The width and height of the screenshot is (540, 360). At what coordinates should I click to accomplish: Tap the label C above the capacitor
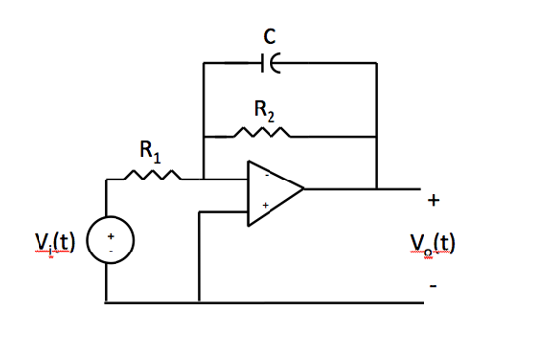[x=268, y=36]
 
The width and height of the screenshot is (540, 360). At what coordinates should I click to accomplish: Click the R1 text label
[x=148, y=153]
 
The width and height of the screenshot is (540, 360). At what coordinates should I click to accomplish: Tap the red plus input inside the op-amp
[x=264, y=205]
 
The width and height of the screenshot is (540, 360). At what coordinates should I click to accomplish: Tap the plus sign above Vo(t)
[x=434, y=201]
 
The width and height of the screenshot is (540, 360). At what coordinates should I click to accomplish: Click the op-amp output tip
[x=303, y=187]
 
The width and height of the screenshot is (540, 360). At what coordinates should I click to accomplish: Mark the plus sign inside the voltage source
[x=111, y=236]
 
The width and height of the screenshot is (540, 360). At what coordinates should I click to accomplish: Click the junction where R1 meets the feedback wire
[x=202, y=179]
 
